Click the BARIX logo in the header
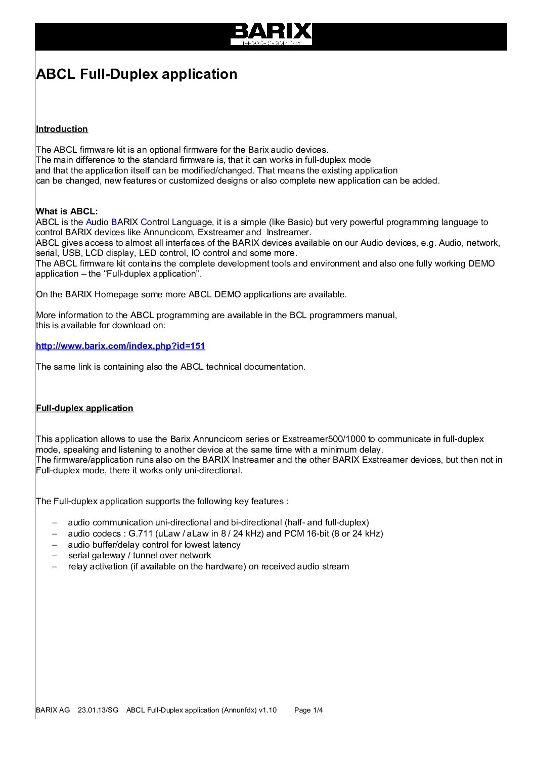pos(271,33)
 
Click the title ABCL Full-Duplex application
pos(137,74)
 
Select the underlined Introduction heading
pos(62,129)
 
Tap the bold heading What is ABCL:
pos(67,211)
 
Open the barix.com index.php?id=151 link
pos(120,346)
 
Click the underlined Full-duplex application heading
pos(84,408)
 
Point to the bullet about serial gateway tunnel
pos(140,555)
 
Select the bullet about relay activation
pos(208,566)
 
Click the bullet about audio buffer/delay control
pos(154,545)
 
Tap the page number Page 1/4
pos(308,710)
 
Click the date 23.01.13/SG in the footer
pos(98,710)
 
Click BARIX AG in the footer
pos(53,710)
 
